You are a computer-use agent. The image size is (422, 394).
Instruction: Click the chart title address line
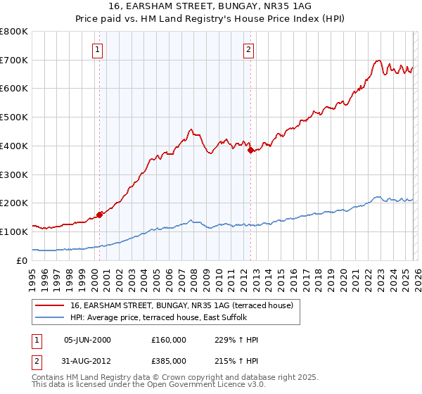point(211,6)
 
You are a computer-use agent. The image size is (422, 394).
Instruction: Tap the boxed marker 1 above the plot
point(96,49)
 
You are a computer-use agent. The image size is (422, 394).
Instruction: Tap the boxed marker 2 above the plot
point(249,49)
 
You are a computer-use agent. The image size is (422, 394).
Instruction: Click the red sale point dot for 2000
point(100,214)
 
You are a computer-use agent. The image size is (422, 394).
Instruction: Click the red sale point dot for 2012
point(251,149)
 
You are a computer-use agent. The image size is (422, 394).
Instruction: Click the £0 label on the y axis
point(23,260)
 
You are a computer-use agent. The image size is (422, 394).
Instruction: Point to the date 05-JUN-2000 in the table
point(87,340)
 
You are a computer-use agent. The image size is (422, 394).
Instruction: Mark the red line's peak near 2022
point(378,61)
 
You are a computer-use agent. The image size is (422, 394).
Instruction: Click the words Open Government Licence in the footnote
point(201,386)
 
